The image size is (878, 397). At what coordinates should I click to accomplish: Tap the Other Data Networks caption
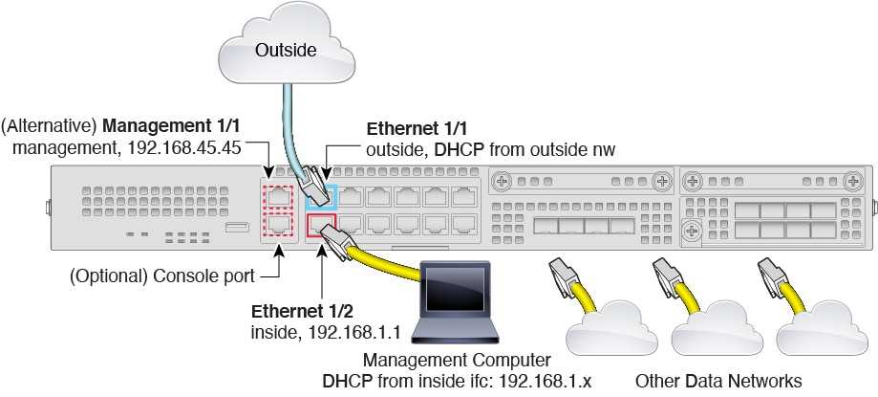point(718,380)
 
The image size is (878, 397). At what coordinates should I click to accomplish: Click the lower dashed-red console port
point(277,225)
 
